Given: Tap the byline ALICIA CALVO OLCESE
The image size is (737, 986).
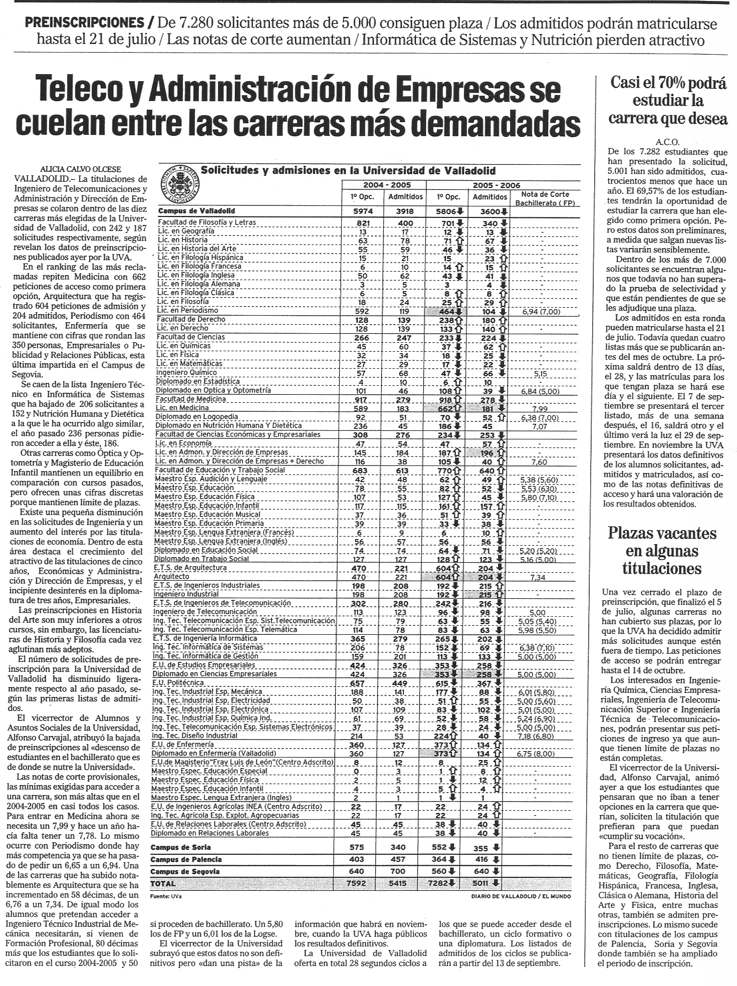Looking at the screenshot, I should tap(80, 169).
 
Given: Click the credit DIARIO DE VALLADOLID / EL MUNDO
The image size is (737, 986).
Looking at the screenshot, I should tap(521, 895).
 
